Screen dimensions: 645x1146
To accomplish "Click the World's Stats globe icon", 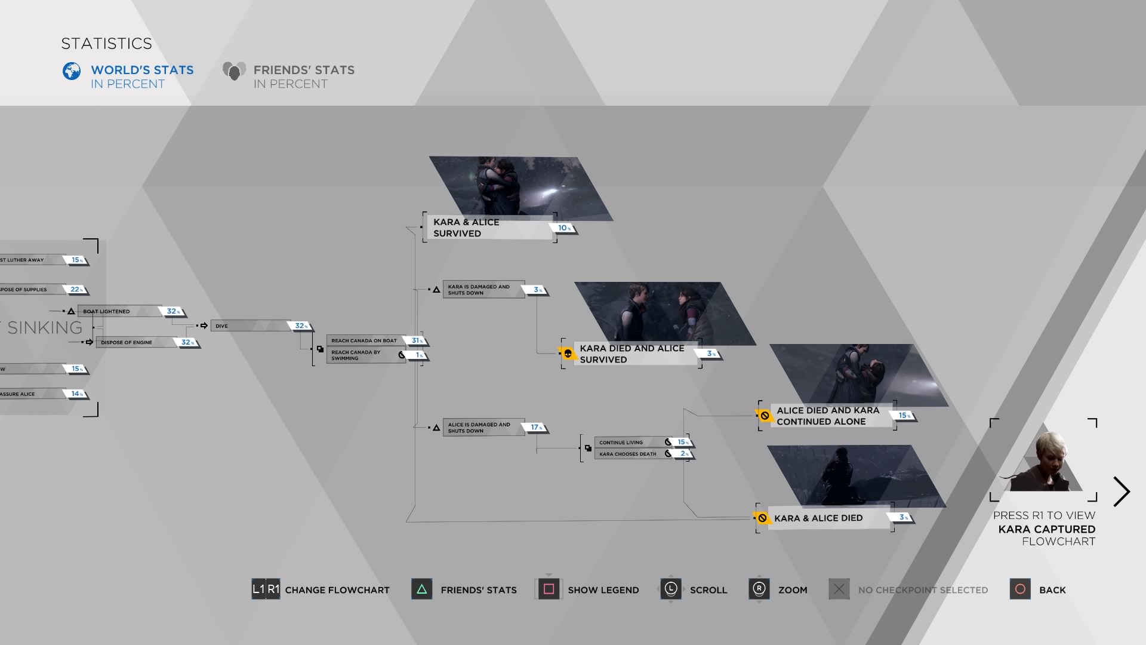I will (72, 71).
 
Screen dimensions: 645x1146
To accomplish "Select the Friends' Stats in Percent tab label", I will (303, 76).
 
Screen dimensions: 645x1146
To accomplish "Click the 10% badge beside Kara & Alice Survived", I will (564, 228).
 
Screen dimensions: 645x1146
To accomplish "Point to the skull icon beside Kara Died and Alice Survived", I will (568, 354).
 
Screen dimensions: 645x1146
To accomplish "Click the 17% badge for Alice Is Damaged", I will (536, 428).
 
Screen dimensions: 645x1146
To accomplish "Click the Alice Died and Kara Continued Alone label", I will (827, 416).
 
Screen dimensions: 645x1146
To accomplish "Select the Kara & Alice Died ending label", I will (818, 518).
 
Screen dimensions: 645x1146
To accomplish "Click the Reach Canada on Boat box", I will (365, 340).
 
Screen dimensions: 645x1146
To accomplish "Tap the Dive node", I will (251, 326).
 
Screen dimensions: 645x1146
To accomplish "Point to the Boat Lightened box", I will (119, 311).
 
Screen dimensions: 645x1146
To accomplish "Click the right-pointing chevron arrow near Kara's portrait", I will (1122, 492).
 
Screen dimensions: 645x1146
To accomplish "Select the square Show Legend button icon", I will (549, 589).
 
